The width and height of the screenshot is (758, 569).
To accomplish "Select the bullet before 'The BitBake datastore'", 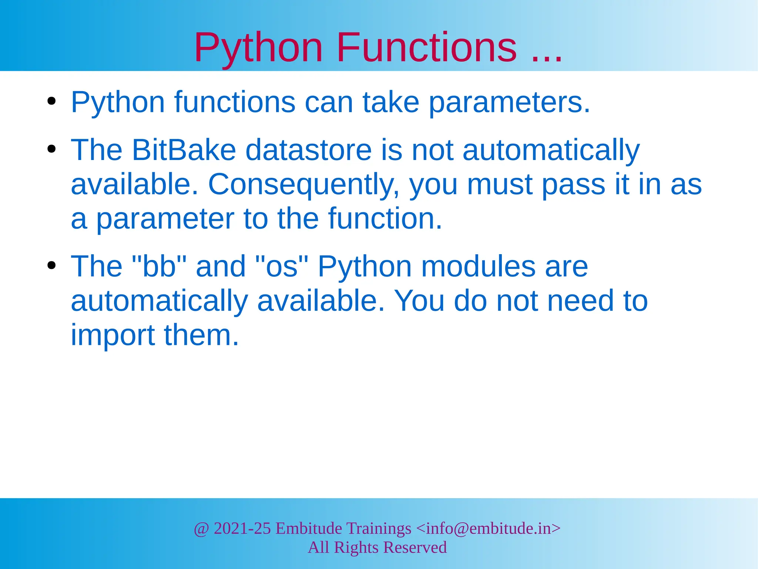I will click(x=51, y=149).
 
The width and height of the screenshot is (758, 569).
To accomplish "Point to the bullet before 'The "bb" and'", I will click(x=51, y=265).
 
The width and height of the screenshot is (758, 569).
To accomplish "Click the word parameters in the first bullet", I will click(x=509, y=103).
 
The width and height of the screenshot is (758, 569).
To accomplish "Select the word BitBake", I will click(x=184, y=150).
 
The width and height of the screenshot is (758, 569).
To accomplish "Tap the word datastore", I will click(x=308, y=150).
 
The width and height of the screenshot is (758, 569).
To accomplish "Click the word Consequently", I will click(x=304, y=185).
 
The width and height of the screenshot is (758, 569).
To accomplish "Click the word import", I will click(x=113, y=336).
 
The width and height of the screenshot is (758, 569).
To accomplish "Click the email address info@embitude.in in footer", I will click(x=488, y=528).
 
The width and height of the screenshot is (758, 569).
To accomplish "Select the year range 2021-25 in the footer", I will click(x=242, y=528).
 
